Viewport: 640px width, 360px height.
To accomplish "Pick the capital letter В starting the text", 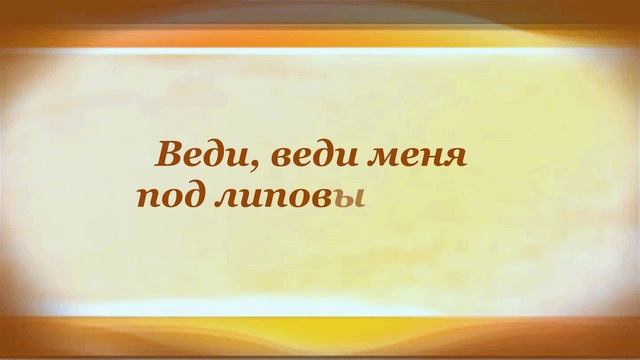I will click(x=163, y=156).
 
